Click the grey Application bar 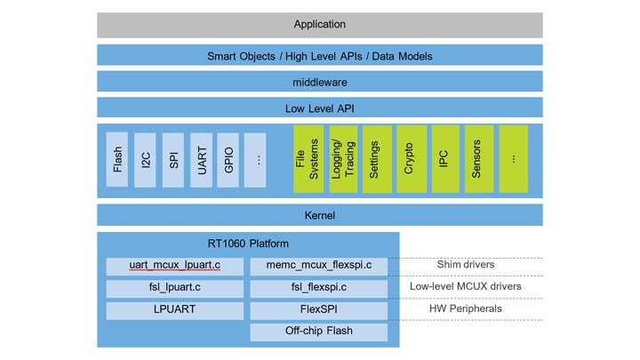click(319, 25)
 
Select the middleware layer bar click(319, 82)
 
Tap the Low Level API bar click(319, 108)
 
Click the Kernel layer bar click(319, 215)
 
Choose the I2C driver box click(146, 160)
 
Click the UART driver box click(201, 160)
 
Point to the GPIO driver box click(228, 160)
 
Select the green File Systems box click(308, 159)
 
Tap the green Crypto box click(410, 159)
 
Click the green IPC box click(444, 159)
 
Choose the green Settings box click(375, 159)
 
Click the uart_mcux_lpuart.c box click(174, 266)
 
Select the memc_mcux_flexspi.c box click(318, 266)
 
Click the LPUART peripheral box click(174, 310)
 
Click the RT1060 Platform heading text click(248, 244)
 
